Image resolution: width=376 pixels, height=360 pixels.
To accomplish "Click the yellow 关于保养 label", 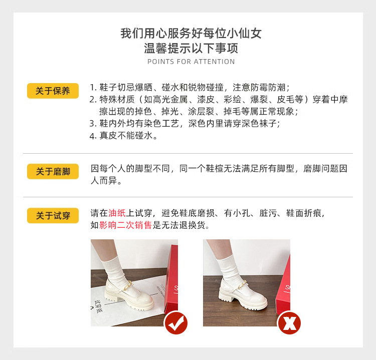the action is coord(53,91).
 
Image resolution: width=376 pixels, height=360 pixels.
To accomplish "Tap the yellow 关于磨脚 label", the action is coord(53,171).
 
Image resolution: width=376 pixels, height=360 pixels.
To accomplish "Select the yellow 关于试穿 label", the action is coord(53,216).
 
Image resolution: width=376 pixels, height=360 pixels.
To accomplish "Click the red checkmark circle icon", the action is coord(176,322).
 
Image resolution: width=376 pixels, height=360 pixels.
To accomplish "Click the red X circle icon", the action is coord(289,323).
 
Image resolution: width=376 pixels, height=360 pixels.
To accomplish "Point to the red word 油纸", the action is coord(117,213).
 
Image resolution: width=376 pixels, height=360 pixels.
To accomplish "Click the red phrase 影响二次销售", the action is coord(125,225).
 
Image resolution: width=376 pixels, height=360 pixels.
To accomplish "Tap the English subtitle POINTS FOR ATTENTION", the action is coord(191,62).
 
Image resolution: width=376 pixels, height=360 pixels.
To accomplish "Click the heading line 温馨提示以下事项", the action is coord(191,48).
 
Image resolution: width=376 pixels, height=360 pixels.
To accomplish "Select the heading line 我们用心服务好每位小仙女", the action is coord(191,33).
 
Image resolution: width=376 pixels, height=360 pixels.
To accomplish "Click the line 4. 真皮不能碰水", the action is coord(123,136).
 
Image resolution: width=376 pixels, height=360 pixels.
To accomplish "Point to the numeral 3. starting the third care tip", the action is coord(93,124).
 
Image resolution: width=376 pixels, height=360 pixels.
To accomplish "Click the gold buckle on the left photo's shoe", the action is coord(127,285).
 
